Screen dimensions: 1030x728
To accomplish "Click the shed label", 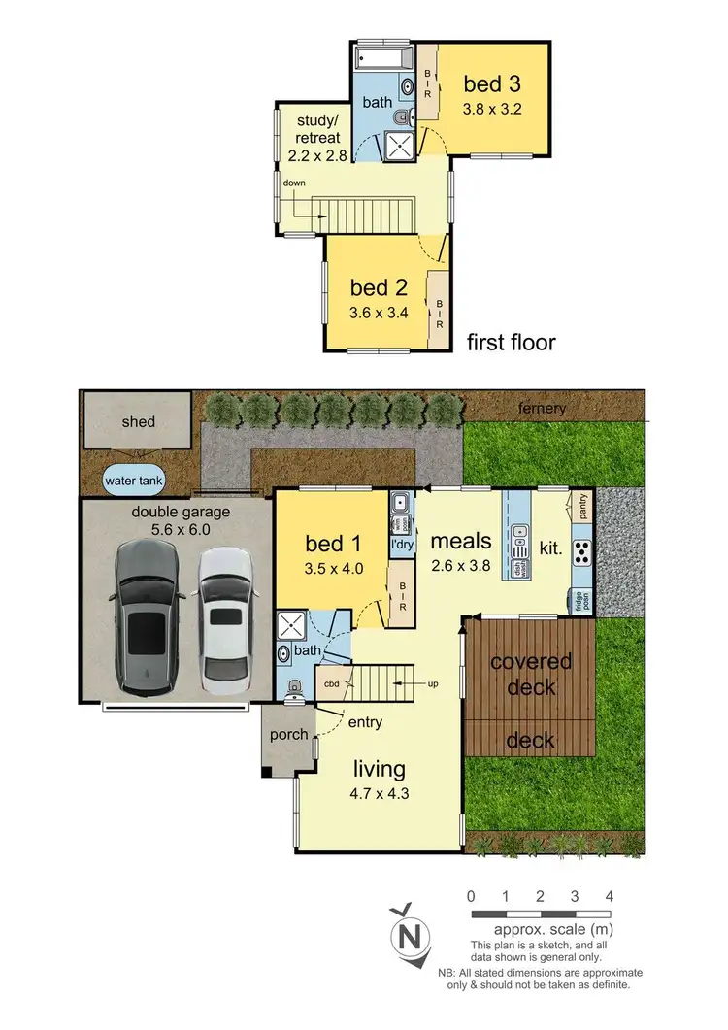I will pyautogui.click(x=138, y=422).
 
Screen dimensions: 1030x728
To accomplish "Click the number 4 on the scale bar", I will pyautogui.click(x=609, y=896).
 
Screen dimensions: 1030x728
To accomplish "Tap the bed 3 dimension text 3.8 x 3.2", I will pyautogui.click(x=492, y=109).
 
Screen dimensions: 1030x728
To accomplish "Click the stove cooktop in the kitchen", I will pyautogui.click(x=582, y=552).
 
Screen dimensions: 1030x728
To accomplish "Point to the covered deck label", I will pyautogui.click(x=531, y=675).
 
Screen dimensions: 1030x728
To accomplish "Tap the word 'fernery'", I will pyautogui.click(x=541, y=408).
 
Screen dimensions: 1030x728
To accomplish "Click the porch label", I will pyautogui.click(x=289, y=735).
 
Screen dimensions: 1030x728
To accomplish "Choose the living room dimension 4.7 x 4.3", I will pyautogui.click(x=379, y=795).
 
